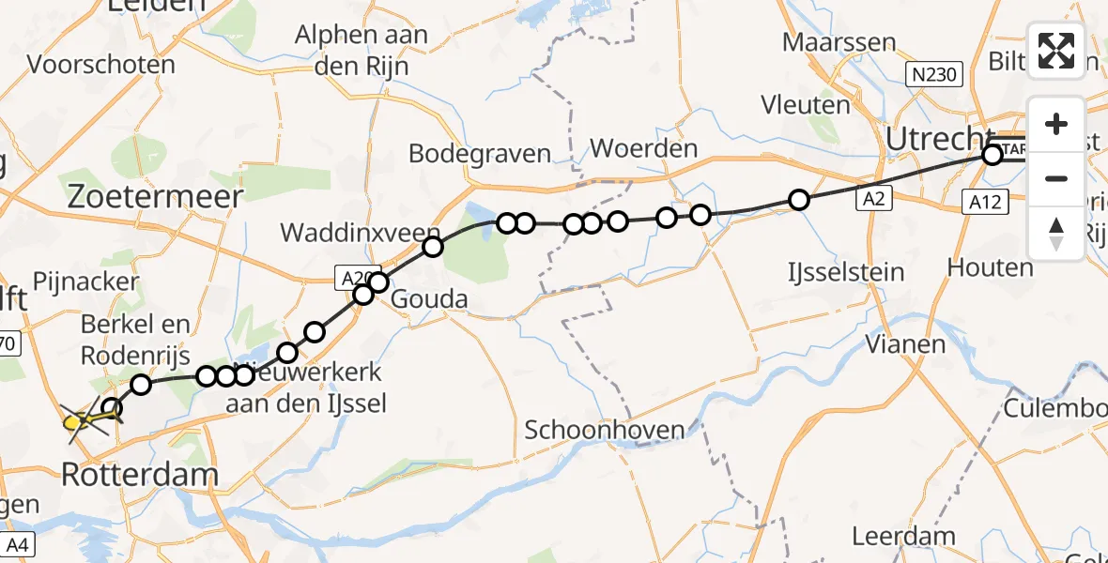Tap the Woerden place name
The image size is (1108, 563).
(643, 148)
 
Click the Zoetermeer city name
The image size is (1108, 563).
(156, 196)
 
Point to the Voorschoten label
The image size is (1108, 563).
(101, 65)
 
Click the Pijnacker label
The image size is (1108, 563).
(85, 281)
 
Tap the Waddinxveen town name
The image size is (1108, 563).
(360, 233)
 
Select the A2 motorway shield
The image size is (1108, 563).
(873, 199)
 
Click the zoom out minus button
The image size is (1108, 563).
(1056, 178)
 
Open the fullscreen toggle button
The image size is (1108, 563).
(1056, 51)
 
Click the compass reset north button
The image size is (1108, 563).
(1056, 233)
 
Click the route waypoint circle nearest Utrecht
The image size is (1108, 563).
(992, 156)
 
